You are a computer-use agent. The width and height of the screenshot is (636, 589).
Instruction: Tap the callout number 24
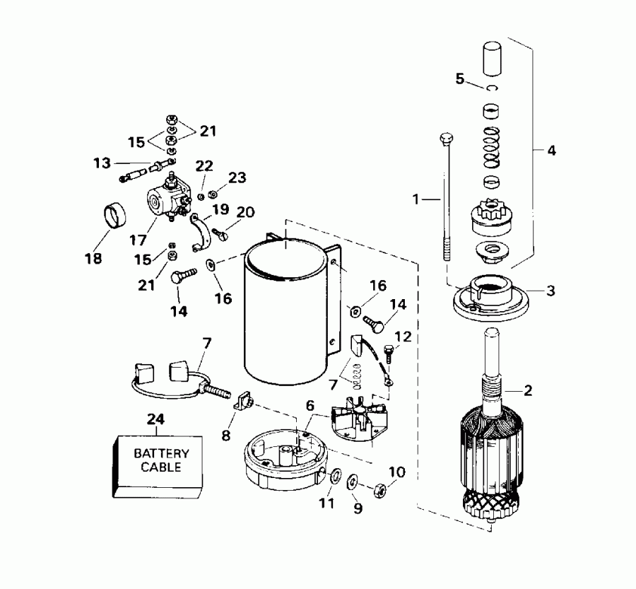click(x=155, y=420)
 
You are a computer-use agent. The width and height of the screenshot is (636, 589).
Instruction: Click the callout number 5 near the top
click(x=460, y=78)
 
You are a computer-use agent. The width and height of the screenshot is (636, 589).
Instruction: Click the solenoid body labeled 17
click(x=163, y=202)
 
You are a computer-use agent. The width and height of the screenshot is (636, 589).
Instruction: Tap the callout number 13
click(x=102, y=163)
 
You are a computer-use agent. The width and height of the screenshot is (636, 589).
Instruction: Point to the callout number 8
click(x=226, y=435)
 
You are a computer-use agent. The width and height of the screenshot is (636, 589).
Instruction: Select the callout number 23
click(x=237, y=177)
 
